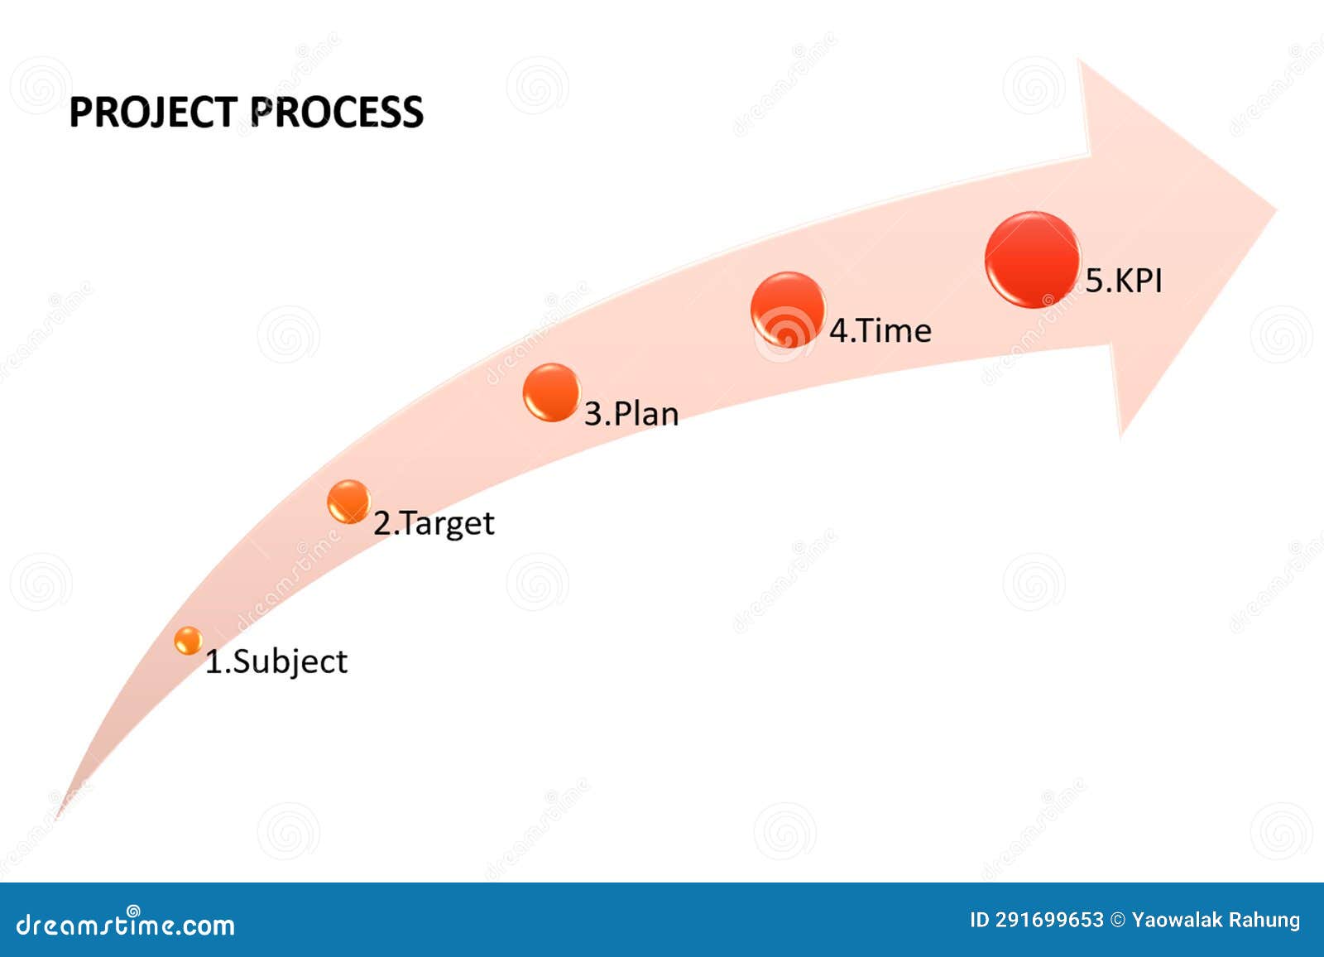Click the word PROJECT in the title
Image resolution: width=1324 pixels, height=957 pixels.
(x=153, y=113)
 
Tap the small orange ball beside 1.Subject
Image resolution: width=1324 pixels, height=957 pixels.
(x=189, y=640)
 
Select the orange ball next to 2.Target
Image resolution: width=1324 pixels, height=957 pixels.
(x=348, y=501)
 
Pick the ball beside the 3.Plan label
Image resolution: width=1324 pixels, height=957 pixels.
(x=551, y=392)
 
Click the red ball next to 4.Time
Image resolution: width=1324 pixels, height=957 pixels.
(x=787, y=309)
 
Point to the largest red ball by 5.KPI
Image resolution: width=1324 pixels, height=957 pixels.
(x=1032, y=260)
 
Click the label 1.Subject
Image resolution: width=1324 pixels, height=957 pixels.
(x=276, y=661)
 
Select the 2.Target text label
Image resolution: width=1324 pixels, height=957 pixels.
(x=434, y=523)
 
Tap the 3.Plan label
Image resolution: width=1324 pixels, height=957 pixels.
(x=631, y=413)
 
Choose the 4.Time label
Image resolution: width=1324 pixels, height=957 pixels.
(x=880, y=330)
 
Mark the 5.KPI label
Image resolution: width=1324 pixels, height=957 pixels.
(x=1124, y=281)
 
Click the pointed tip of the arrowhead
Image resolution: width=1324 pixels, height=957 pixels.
(x=1274, y=210)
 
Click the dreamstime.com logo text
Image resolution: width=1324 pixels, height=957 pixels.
(x=126, y=924)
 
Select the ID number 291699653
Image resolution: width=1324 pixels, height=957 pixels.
(x=1049, y=920)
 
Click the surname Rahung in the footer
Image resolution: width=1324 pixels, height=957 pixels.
(x=1264, y=920)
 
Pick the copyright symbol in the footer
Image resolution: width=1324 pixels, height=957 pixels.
(x=1117, y=920)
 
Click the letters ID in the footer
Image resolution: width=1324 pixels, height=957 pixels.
(x=979, y=920)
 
